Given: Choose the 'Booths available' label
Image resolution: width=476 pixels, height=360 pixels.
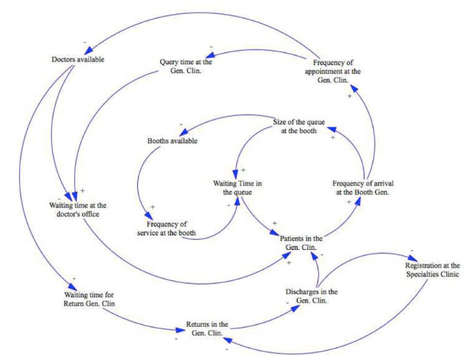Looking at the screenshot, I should click(x=172, y=141).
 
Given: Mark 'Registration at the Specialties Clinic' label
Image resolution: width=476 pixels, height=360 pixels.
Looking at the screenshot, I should click(x=432, y=269).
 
